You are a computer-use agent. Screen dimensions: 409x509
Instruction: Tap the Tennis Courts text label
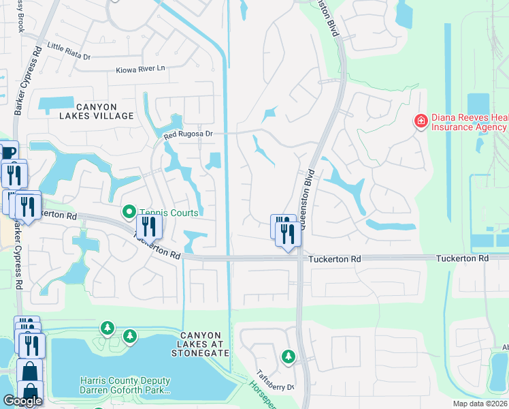pyautogui.click(x=169, y=213)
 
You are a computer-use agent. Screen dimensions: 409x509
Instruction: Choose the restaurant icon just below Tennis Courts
pyautogui.click(x=149, y=226)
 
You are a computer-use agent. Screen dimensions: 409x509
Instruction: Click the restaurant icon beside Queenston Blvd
pyautogui.click(x=288, y=234)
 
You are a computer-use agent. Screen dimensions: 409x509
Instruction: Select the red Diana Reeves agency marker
pyautogui.click(x=421, y=121)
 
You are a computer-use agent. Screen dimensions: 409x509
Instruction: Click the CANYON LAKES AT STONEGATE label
pyautogui.click(x=199, y=344)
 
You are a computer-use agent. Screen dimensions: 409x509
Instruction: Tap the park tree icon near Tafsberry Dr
pyautogui.click(x=289, y=357)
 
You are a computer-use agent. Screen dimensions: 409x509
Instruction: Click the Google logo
pyautogui.click(x=22, y=401)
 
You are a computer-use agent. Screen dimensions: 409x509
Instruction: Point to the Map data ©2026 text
pyautogui.click(x=480, y=404)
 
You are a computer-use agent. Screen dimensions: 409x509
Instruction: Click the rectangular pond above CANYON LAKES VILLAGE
pyautogui.click(x=56, y=105)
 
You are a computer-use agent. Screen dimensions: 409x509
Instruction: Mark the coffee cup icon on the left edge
pyautogui.click(x=8, y=151)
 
